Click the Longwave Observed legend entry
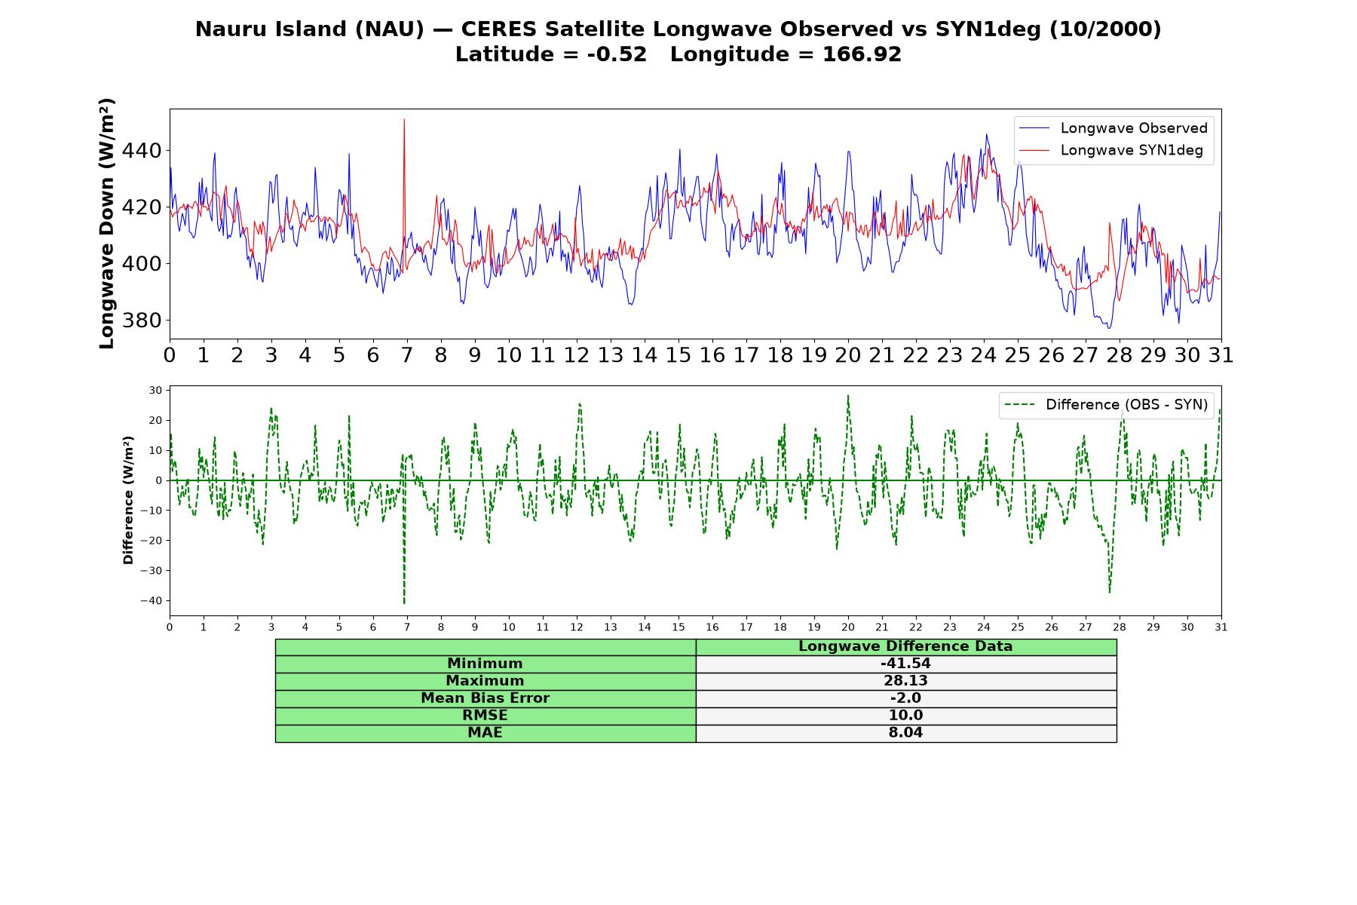pyautogui.click(x=1113, y=128)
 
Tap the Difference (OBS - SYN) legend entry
pyautogui.click(x=1105, y=405)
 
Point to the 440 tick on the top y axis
pyautogui.click(x=141, y=151)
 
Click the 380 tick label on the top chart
pyautogui.click(x=141, y=321)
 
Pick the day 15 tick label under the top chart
pyautogui.click(x=678, y=355)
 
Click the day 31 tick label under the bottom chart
pyautogui.click(x=1221, y=627)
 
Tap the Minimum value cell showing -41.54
pyautogui.click(x=905, y=664)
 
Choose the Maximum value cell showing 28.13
pyautogui.click(x=905, y=681)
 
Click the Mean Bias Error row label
pyautogui.click(x=485, y=698)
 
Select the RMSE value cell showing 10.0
pyautogui.click(x=905, y=716)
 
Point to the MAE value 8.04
pyautogui.click(x=905, y=733)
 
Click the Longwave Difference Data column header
pyautogui.click(x=905, y=646)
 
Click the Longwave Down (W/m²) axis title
pyautogui.click(x=107, y=223)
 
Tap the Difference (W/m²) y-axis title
pyautogui.click(x=128, y=500)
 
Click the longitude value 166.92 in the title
pyautogui.click(x=862, y=54)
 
